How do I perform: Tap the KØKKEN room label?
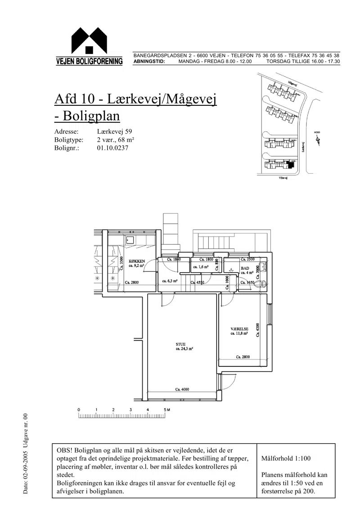136,261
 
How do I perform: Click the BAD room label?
245,268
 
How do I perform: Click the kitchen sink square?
130,239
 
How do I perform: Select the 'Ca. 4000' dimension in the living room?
182,389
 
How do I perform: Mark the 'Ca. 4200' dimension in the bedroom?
257,329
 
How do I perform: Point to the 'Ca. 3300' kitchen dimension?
121,262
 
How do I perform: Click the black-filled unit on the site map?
291,165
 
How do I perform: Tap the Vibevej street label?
283,178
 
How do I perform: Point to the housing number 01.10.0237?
112,148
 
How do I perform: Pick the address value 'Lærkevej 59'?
114,132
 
